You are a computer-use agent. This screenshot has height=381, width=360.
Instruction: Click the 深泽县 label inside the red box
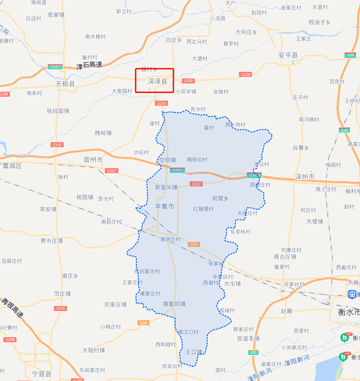click(157, 82)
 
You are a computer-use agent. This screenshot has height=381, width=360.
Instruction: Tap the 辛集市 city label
click(165, 207)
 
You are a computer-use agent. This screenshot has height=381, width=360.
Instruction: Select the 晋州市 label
click(93, 160)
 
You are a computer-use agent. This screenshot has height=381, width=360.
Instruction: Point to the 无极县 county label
click(65, 84)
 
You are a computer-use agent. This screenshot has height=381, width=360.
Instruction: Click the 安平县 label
click(288, 56)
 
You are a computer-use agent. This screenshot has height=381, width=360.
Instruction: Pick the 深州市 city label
click(304, 177)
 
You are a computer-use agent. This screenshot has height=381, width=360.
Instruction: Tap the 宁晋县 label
click(42, 373)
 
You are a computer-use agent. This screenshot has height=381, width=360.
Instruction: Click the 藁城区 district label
click(12, 166)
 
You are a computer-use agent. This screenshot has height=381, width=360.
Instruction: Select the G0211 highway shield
click(55, 67)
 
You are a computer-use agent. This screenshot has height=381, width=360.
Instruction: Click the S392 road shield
click(193, 244)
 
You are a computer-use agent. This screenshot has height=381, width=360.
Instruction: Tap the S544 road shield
click(143, 323)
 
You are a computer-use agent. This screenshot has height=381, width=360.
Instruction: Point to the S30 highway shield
click(253, 352)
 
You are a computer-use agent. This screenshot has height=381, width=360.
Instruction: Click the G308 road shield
click(10, 339)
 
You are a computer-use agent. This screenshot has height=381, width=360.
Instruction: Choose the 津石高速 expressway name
click(89, 65)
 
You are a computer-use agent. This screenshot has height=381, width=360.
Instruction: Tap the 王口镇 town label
click(193, 352)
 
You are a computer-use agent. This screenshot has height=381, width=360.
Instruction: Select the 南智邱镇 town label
click(174, 304)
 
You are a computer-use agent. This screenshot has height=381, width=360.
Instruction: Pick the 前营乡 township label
click(220, 198)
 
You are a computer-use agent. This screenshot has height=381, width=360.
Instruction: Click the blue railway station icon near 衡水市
click(352, 295)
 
